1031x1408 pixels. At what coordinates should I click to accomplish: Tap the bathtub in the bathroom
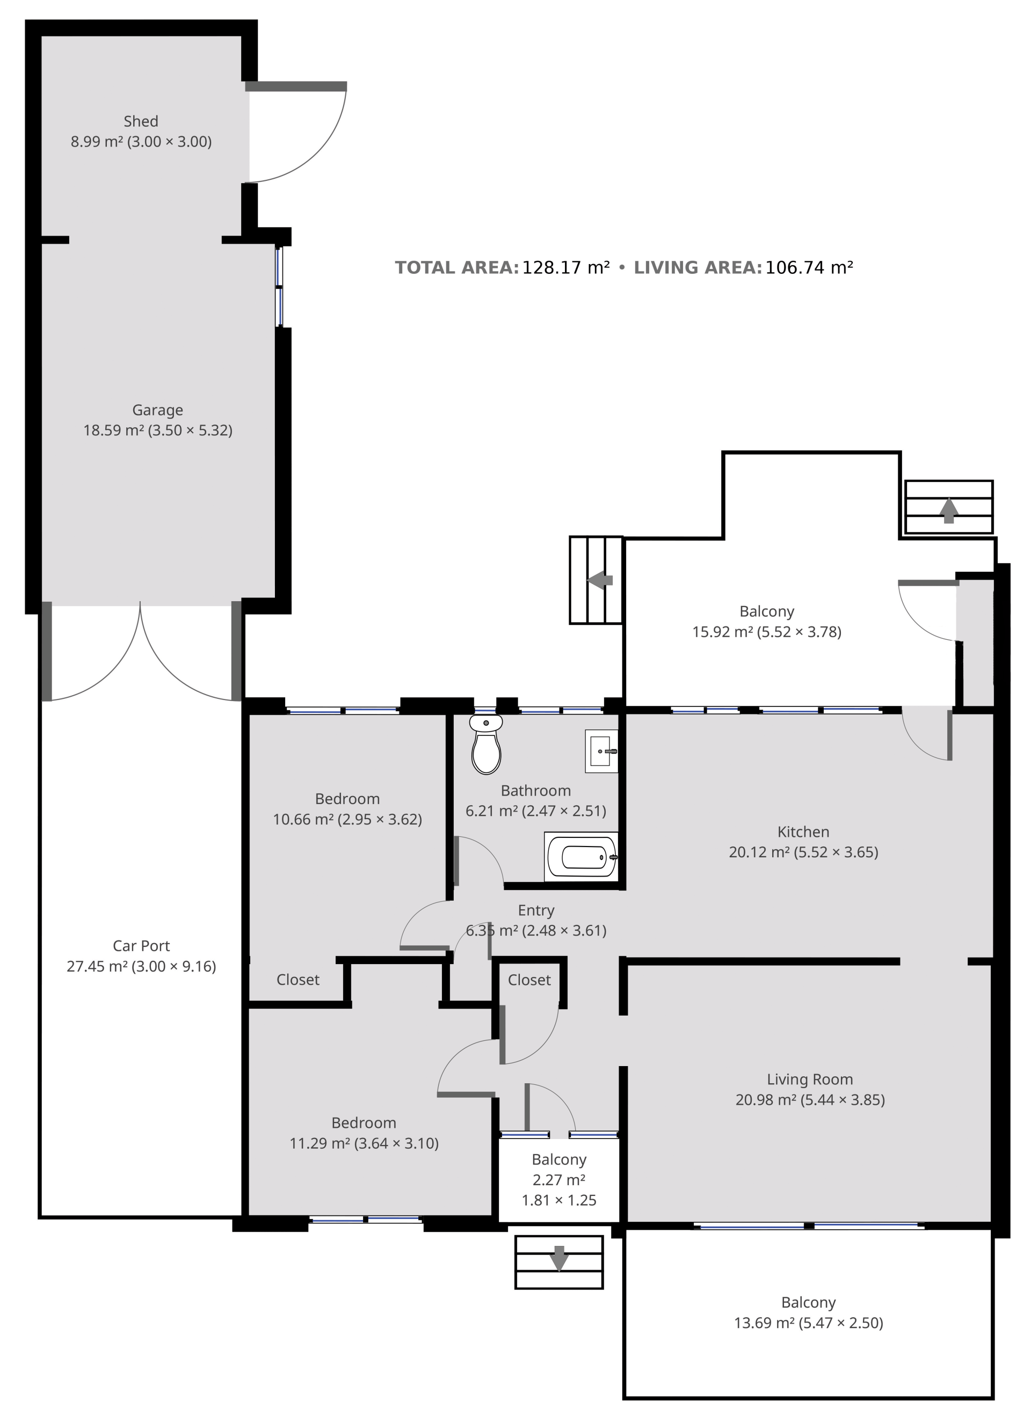(x=581, y=857)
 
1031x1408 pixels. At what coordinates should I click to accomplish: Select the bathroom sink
(x=601, y=751)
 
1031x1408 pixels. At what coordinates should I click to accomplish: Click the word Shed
(x=141, y=121)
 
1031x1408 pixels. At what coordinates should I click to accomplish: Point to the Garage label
(x=158, y=410)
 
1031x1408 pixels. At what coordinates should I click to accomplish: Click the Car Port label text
(x=142, y=946)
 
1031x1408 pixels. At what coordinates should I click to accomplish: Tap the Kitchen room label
(x=803, y=831)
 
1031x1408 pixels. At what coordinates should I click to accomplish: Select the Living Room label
(x=810, y=1079)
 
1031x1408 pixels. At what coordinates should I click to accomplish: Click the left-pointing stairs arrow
(x=600, y=580)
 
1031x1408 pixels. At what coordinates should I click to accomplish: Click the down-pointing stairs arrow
(x=559, y=1258)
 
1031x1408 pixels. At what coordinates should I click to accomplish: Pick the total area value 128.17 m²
(x=566, y=268)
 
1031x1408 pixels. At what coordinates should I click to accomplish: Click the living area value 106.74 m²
(x=809, y=268)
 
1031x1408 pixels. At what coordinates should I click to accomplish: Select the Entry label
(x=536, y=910)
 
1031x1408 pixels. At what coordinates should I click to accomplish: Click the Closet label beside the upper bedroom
(x=297, y=980)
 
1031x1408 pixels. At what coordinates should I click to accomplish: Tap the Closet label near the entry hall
(x=529, y=980)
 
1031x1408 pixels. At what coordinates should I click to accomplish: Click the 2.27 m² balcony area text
(x=559, y=1180)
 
